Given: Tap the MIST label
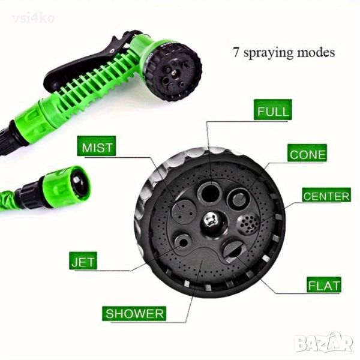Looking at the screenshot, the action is (x=97, y=146).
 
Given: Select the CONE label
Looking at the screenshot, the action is (x=307, y=154).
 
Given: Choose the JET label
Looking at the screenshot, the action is (x=83, y=260).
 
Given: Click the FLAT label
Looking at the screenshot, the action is (x=324, y=284).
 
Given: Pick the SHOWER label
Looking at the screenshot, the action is (x=134, y=313).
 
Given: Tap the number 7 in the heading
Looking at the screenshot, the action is (x=236, y=52).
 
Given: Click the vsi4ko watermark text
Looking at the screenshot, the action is (x=34, y=19).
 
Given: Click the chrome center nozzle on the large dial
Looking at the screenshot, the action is (x=211, y=221).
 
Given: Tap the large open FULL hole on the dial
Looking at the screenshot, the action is (x=209, y=193).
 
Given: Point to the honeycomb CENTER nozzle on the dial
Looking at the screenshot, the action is (x=248, y=223).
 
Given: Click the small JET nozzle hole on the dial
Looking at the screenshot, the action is (x=183, y=242).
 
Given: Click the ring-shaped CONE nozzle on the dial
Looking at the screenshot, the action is (x=239, y=198).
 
